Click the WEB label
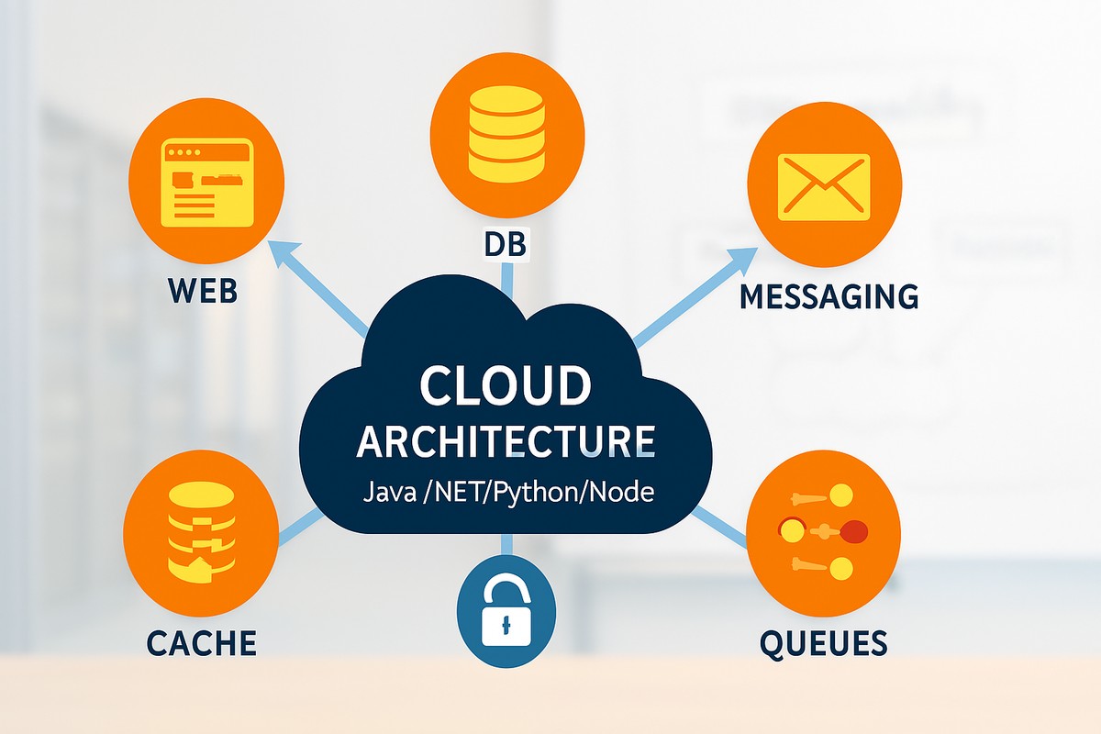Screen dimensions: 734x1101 (204, 292)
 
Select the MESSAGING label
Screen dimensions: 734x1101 (829, 296)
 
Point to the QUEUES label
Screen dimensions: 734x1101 (823, 642)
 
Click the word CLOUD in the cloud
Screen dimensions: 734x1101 (505, 385)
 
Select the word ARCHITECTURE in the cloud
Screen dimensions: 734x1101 (506, 441)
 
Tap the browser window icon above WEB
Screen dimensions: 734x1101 (206, 183)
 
